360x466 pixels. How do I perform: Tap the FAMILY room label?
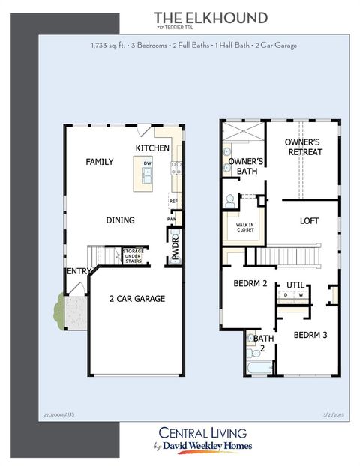pos(99,162)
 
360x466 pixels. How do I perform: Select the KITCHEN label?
pos(152,148)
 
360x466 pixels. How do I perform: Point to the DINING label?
pos(120,220)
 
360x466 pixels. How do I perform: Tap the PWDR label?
pos(176,249)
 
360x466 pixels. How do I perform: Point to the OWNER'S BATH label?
pos(245,166)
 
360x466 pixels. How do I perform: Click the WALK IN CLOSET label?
pos(244,228)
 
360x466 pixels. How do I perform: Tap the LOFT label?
pos(310,221)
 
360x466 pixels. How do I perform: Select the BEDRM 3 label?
pos(311,335)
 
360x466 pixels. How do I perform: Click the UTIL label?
pos(295,285)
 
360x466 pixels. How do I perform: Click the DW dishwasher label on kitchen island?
pos(148,163)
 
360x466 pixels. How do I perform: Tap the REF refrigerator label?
pos(173,201)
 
